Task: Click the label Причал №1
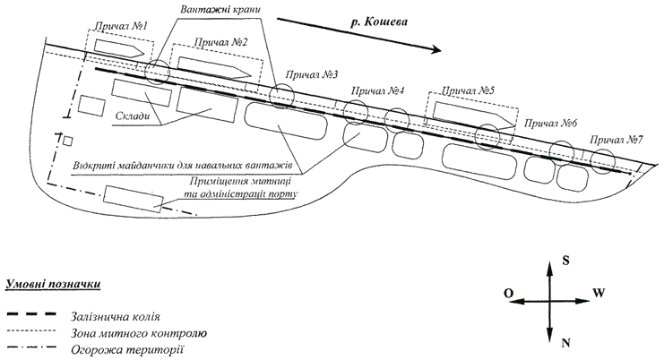click(121, 26)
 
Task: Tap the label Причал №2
click(220, 42)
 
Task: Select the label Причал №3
click(312, 75)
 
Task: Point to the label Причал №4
click(378, 90)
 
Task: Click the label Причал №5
click(468, 90)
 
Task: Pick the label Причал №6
click(550, 123)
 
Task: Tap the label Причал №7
click(617, 140)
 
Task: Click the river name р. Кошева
click(379, 22)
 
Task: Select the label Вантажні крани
click(220, 9)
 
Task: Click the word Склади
click(132, 116)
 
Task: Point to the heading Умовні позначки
click(53, 284)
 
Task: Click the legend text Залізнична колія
click(116, 316)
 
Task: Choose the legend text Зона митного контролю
click(139, 333)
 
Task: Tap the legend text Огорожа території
click(127, 350)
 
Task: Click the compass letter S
click(565, 261)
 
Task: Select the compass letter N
click(565, 343)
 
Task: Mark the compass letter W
click(599, 293)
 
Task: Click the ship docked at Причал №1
click(120, 48)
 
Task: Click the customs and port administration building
click(134, 199)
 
